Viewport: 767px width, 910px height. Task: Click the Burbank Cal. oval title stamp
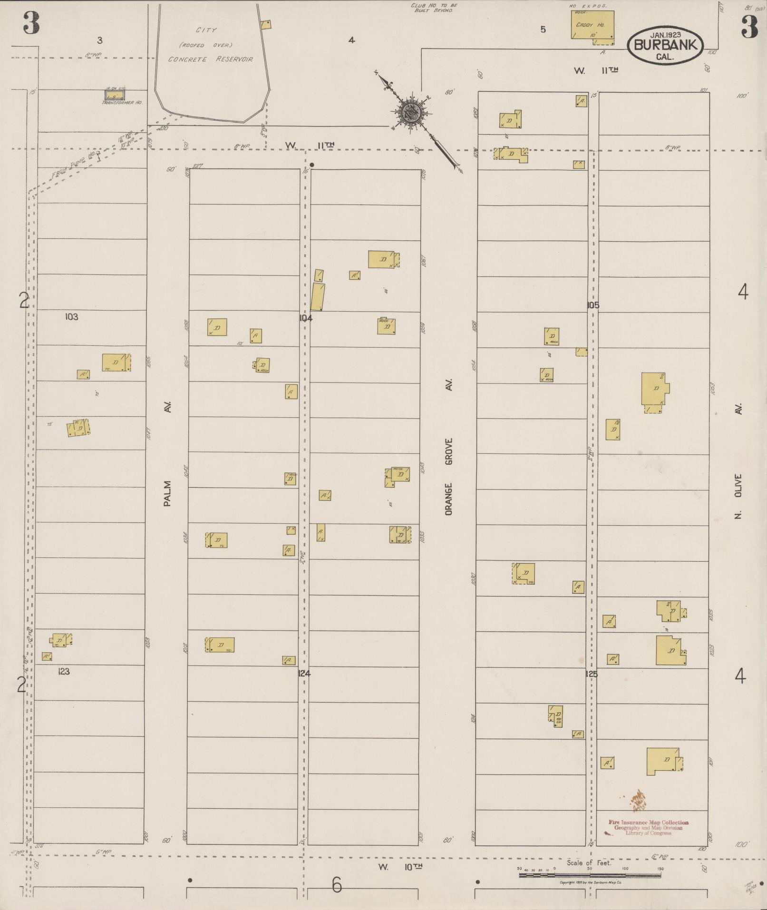[665, 45]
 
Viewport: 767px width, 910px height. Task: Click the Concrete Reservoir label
[210, 59]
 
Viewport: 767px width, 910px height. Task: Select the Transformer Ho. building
[114, 95]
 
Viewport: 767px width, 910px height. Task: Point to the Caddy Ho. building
[592, 25]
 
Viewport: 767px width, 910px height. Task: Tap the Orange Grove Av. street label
[448, 447]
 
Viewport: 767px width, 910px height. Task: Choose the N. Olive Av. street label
[738, 461]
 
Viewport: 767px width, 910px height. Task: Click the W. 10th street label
[400, 867]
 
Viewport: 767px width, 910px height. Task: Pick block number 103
[72, 317]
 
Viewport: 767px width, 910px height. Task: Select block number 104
[305, 318]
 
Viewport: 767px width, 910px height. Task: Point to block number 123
[64, 671]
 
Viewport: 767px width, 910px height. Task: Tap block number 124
[304, 673]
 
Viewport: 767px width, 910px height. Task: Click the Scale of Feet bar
[590, 874]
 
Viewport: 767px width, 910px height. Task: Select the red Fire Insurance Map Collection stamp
[648, 827]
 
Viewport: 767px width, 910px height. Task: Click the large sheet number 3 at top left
[31, 24]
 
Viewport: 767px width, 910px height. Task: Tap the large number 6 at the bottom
[337, 884]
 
